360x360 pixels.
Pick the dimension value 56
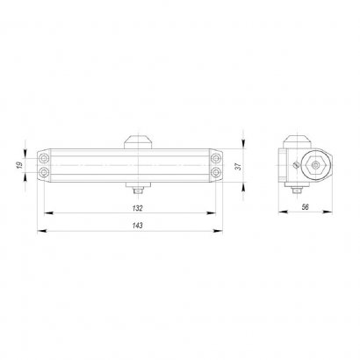[304, 207]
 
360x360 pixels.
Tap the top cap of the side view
[297, 140]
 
